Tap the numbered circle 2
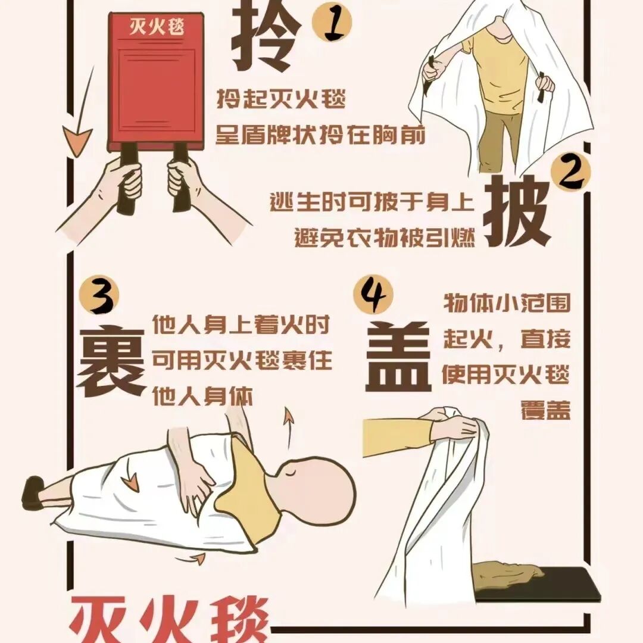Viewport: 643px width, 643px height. (570, 174)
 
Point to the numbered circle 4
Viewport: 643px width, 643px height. (373, 295)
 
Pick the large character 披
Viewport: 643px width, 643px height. (516, 211)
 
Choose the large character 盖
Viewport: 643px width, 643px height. (398, 356)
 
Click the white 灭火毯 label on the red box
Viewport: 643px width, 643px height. (157, 27)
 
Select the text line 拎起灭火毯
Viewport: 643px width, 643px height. (281, 99)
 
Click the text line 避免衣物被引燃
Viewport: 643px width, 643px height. (385, 238)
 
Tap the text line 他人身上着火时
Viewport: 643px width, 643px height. (241, 325)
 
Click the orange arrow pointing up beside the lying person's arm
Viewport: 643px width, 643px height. (290, 429)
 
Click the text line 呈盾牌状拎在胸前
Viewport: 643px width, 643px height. (320, 135)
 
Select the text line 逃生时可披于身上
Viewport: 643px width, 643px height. (372, 202)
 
